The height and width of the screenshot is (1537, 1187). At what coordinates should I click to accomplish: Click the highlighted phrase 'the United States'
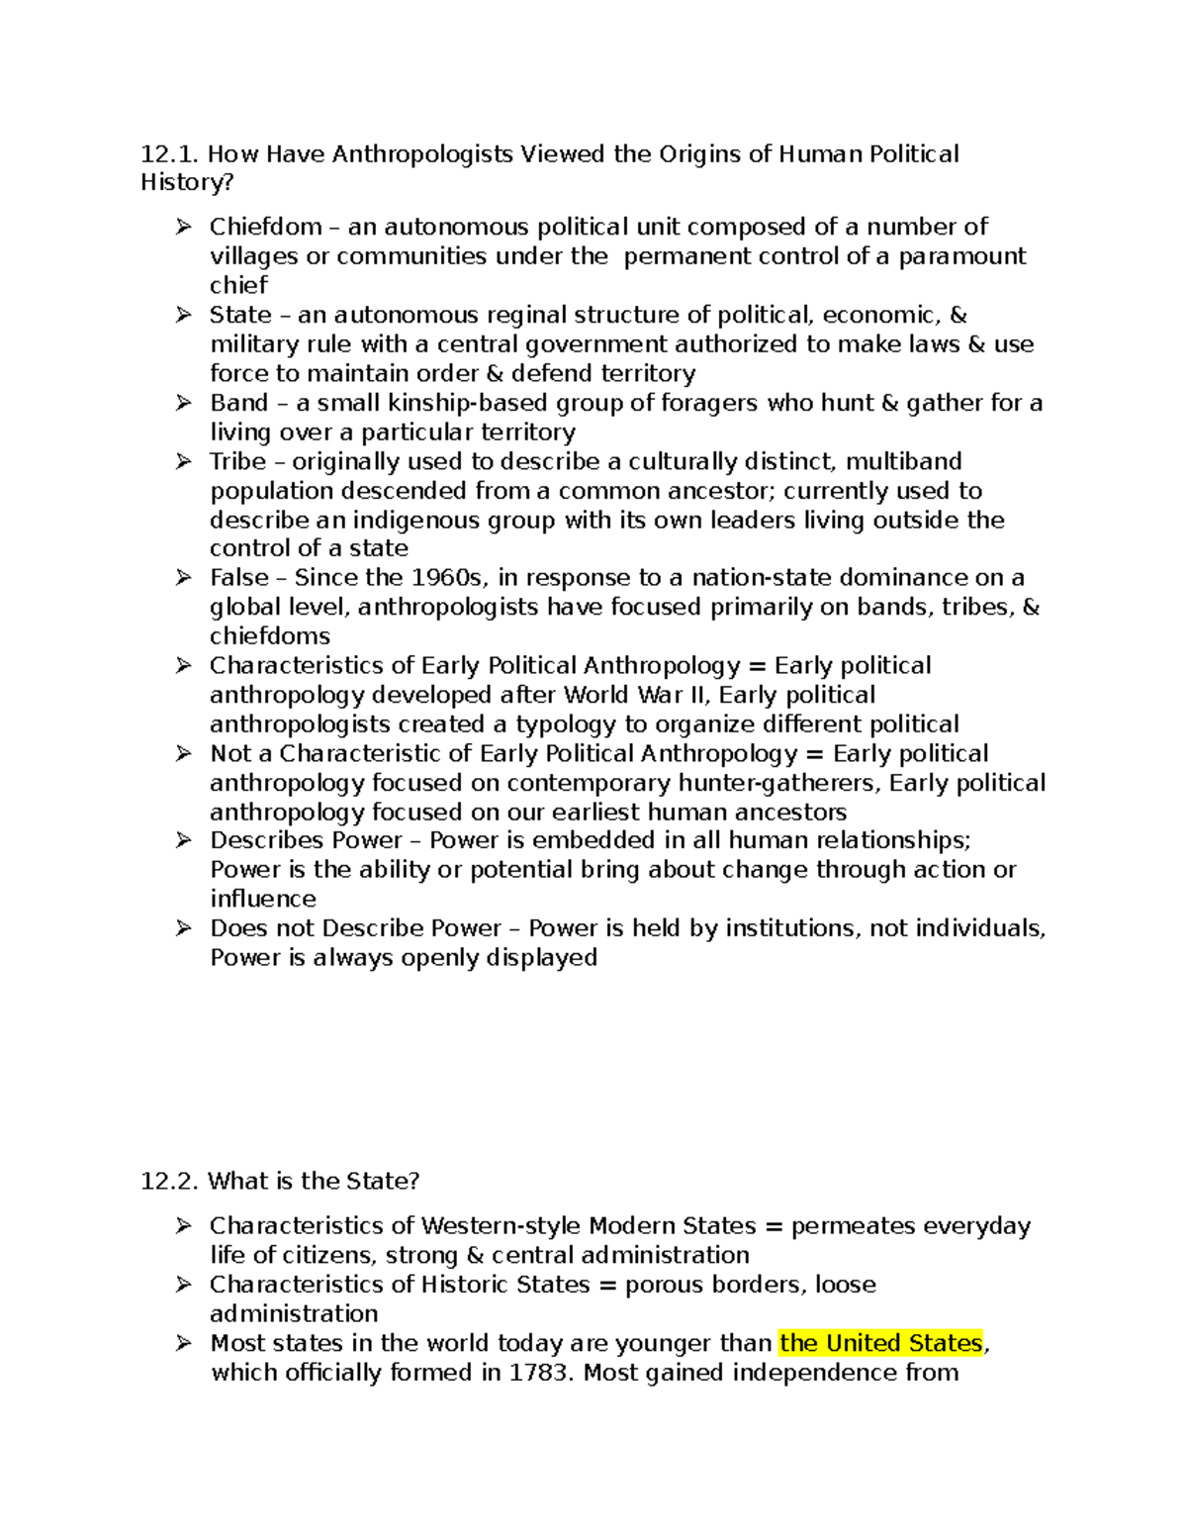click(880, 1343)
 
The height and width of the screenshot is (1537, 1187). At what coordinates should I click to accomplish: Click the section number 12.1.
click(169, 154)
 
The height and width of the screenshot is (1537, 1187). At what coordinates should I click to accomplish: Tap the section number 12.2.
click(169, 1181)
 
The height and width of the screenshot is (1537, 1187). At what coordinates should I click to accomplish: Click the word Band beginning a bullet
click(238, 403)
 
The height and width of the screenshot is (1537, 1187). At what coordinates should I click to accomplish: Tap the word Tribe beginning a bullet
click(237, 461)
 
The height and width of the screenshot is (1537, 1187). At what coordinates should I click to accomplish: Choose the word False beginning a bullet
click(238, 578)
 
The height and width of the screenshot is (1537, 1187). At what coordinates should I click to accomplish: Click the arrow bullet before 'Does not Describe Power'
click(183, 928)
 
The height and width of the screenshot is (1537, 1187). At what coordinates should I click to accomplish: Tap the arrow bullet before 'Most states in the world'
click(183, 1343)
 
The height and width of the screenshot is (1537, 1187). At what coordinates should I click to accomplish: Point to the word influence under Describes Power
click(263, 899)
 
